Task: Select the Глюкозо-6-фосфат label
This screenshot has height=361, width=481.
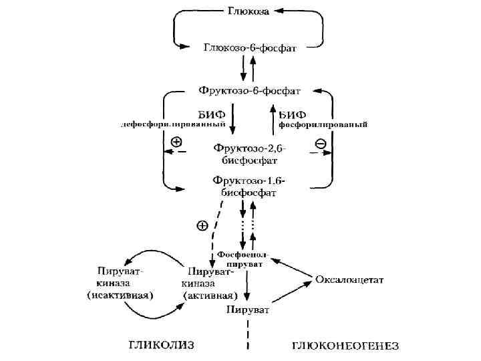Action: pyautogui.click(x=250, y=47)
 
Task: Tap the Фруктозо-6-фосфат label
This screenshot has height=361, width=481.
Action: pyautogui.click(x=250, y=89)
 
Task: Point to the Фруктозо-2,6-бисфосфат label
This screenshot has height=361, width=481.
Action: pyautogui.click(x=250, y=154)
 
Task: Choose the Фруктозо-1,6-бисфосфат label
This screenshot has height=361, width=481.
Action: pyautogui.click(x=249, y=186)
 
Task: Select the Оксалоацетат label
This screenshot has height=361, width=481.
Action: pyautogui.click(x=349, y=279)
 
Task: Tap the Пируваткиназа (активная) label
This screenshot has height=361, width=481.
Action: pyautogui.click(x=210, y=283)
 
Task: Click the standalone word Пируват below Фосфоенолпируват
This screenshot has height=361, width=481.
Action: pyautogui.click(x=248, y=310)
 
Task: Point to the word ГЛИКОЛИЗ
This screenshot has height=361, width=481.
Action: pyautogui.click(x=160, y=345)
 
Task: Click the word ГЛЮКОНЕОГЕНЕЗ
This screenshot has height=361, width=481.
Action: pyautogui.click(x=345, y=346)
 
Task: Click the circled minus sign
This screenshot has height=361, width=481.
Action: pyautogui.click(x=320, y=143)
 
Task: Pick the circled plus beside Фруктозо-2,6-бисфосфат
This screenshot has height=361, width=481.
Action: pyautogui.click(x=176, y=142)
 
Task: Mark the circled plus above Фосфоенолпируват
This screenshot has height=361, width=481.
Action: pyautogui.click(x=202, y=226)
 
